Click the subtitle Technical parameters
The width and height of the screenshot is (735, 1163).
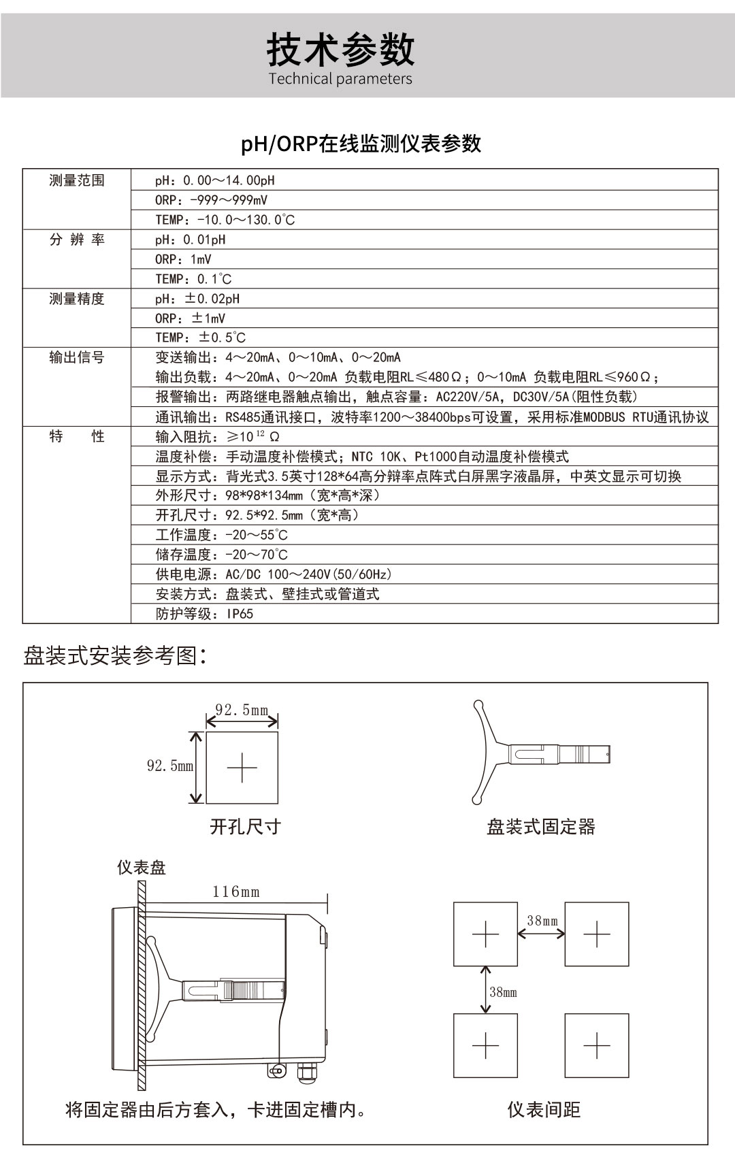click(x=340, y=79)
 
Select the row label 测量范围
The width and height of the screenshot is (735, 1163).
click(x=77, y=180)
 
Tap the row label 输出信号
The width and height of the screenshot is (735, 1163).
click(x=77, y=357)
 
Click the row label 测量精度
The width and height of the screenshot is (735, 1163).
click(x=77, y=299)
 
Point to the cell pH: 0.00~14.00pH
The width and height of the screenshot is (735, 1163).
click(x=215, y=180)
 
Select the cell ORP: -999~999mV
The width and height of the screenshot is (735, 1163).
click(x=212, y=200)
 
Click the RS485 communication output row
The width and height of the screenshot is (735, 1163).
click(x=432, y=417)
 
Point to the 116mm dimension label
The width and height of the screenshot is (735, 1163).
click(x=236, y=891)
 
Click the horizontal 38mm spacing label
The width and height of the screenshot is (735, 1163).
click(x=542, y=921)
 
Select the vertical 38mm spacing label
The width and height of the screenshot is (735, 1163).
click(x=503, y=992)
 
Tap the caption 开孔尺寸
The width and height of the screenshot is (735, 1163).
click(x=245, y=827)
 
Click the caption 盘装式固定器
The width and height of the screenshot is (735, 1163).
click(x=541, y=827)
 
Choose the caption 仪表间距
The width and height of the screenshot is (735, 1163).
click(x=544, y=1110)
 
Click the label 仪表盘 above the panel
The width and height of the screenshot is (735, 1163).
click(x=141, y=868)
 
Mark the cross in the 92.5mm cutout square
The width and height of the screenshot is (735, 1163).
click(x=242, y=768)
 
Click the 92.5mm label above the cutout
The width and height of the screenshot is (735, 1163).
click(x=242, y=710)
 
